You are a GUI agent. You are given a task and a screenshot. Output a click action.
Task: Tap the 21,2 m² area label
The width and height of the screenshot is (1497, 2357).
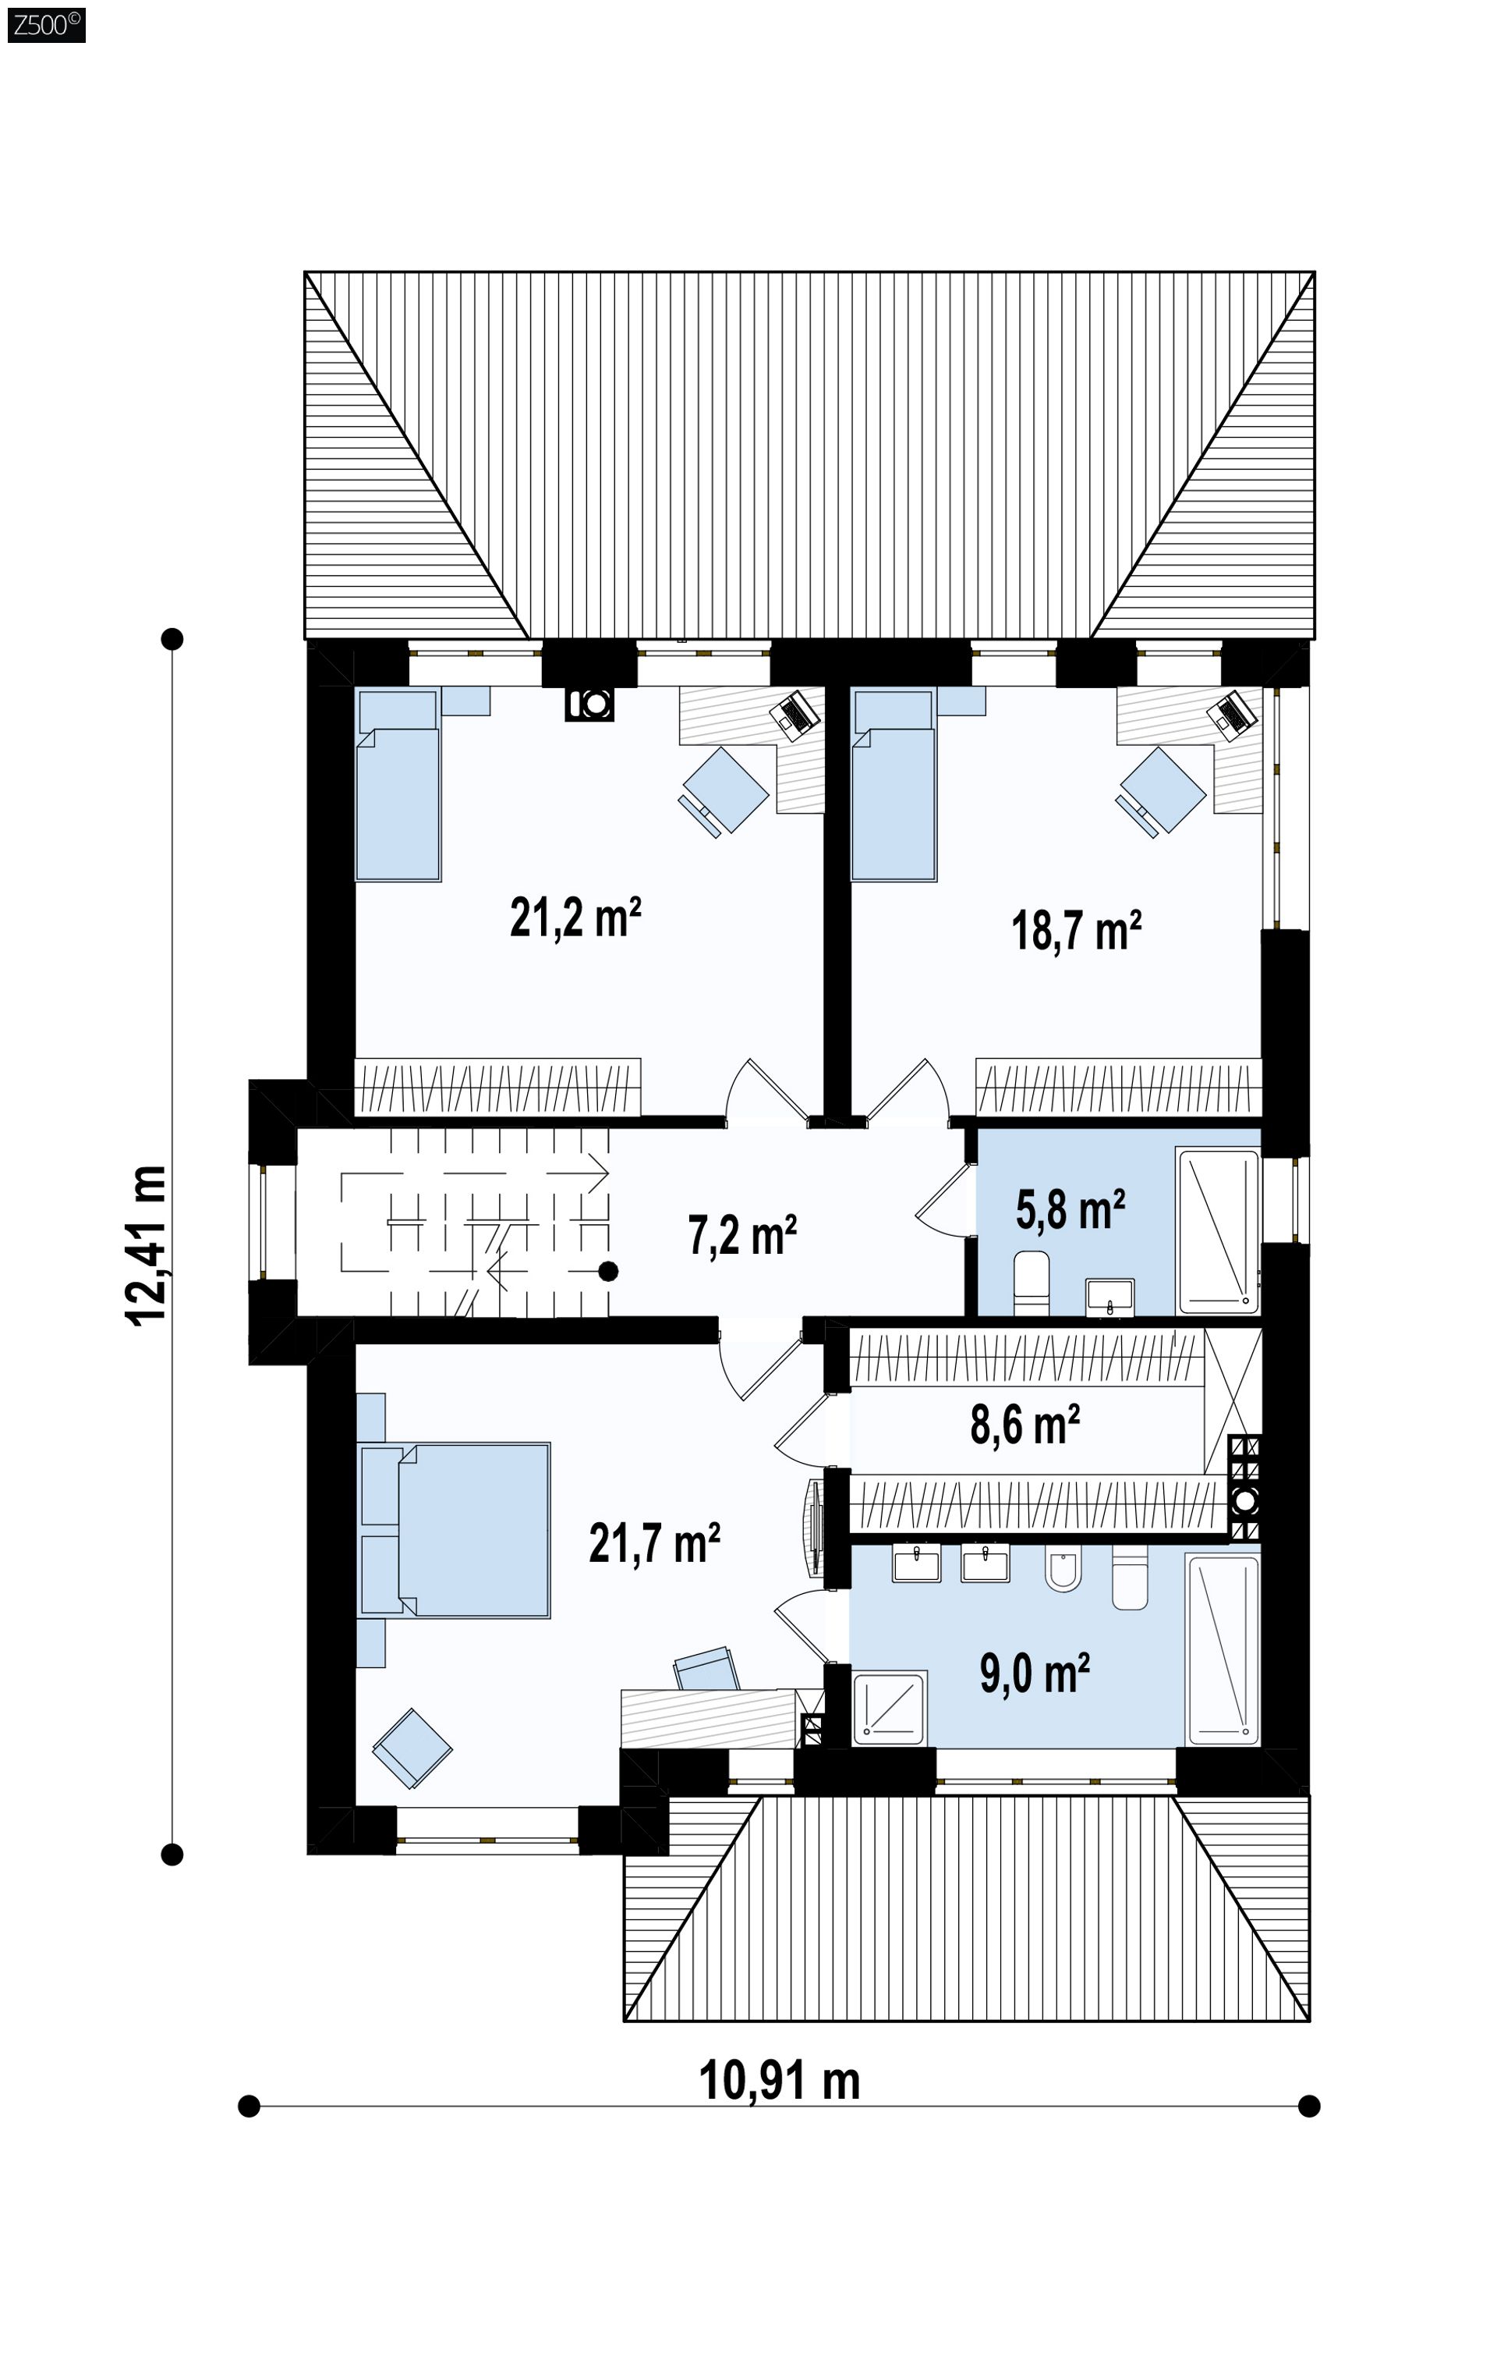(575, 918)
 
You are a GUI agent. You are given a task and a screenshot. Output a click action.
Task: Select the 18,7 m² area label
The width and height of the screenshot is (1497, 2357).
(1076, 929)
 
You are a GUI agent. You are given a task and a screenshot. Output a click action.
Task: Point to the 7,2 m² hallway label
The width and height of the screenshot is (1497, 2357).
(742, 1234)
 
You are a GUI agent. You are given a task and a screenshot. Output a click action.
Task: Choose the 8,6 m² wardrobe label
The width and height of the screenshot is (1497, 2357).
(1025, 1424)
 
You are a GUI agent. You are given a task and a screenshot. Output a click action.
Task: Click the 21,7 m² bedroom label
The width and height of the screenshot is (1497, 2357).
(655, 1542)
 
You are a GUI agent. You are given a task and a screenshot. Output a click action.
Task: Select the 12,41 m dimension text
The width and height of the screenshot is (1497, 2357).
(147, 1246)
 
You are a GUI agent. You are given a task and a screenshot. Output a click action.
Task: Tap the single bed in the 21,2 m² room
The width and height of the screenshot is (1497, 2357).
(397, 785)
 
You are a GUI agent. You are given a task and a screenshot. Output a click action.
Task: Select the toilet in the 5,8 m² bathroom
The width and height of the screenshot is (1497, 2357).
(1032, 1282)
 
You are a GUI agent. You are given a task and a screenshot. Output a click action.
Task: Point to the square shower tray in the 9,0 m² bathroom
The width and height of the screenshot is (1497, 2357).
(890, 1709)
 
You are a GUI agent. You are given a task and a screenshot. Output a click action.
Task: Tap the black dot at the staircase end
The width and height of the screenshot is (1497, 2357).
(609, 1272)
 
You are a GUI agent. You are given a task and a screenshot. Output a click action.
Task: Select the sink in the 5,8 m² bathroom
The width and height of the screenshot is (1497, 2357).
(1110, 1296)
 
